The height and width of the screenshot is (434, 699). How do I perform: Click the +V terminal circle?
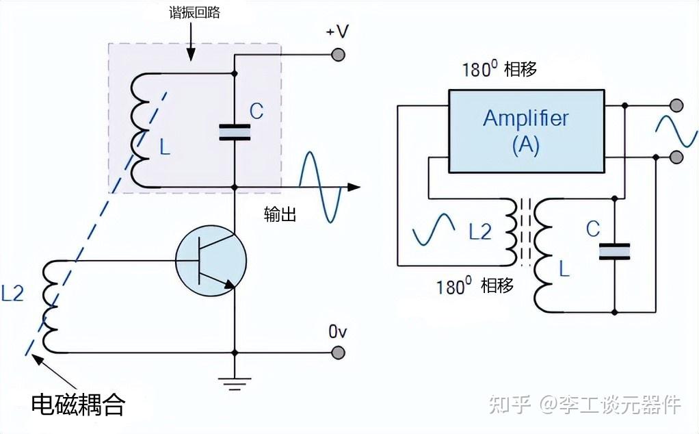pos(338,55)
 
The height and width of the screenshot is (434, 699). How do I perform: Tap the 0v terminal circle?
pos(339,353)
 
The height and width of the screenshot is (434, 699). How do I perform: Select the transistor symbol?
pos(211,261)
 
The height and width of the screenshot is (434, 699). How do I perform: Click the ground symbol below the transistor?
pos(235,383)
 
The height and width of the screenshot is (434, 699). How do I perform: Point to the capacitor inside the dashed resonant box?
pos(235,133)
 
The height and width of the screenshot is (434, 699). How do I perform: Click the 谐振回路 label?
pos(194,12)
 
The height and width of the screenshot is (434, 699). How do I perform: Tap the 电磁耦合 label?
pos(78,405)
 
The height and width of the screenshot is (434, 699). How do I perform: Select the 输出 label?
pos(280,214)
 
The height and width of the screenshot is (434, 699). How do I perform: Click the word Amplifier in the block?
pos(526,118)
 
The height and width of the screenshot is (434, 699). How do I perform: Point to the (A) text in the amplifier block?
pos(526,145)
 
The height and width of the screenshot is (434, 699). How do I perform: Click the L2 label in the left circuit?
pos(12,294)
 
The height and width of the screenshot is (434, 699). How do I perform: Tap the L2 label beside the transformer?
pos(480,231)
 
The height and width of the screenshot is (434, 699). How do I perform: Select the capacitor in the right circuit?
pos(614,251)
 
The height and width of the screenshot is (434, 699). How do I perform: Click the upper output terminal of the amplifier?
pos(676,105)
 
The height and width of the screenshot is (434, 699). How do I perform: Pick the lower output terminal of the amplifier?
pos(676,157)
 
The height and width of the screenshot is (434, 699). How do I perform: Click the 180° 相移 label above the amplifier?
pos(499,69)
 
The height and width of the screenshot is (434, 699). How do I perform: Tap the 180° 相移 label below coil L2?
pos(475,285)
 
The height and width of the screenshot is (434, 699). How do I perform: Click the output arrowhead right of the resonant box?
pos(354,188)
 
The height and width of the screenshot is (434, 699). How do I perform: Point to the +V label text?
pos(337,31)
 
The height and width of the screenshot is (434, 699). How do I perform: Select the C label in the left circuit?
pos(256,111)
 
